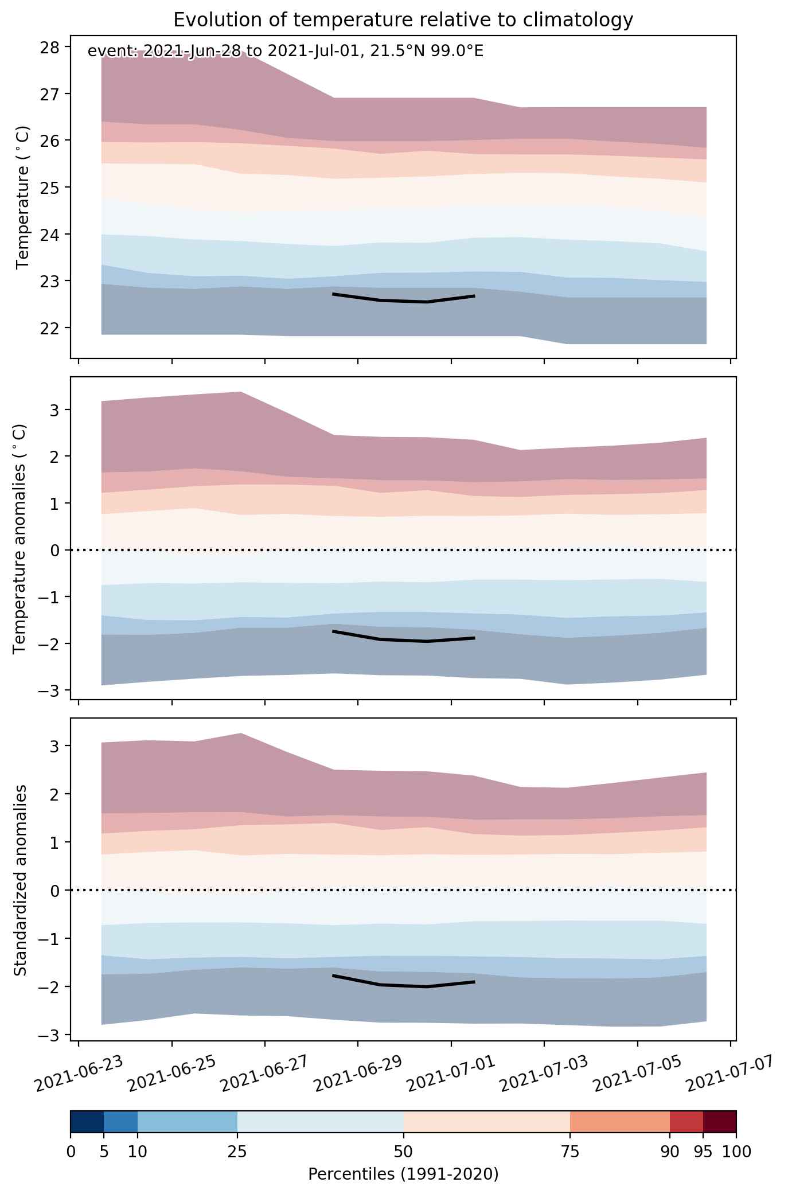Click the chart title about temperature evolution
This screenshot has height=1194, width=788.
pyautogui.click(x=403, y=20)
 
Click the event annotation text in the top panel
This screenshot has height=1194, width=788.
pyautogui.click(x=286, y=52)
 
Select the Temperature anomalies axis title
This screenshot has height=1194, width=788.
pyautogui.click(x=20, y=539)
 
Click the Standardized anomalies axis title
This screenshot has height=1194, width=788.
pyautogui.click(x=20, y=880)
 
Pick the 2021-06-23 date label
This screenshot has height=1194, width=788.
pyautogui.click(x=79, y=1074)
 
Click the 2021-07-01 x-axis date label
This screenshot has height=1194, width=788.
pyautogui.click(x=452, y=1074)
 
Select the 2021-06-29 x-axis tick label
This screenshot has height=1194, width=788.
pyautogui.click(x=358, y=1074)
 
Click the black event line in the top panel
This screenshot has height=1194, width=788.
pyautogui.click(x=404, y=299)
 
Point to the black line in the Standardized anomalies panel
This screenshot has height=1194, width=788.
pyautogui.click(x=404, y=985)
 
